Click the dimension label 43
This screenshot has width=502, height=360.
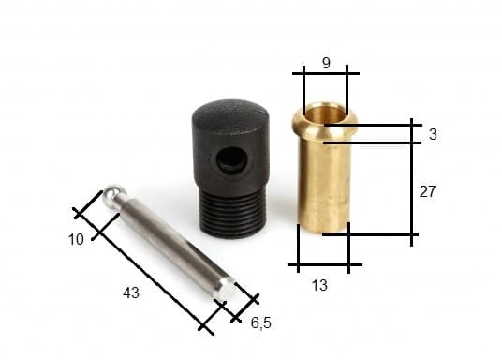[x=131, y=293]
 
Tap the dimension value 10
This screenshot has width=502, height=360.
[x=77, y=239]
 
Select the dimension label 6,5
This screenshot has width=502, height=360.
[x=261, y=323]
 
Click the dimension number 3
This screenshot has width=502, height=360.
[x=433, y=134]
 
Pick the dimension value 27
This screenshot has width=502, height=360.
[x=427, y=191]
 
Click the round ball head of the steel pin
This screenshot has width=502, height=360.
[x=114, y=195]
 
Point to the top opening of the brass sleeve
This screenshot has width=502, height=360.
[x=323, y=113]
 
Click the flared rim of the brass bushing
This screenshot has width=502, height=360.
[x=323, y=128]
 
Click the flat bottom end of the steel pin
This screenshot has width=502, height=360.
[x=224, y=290]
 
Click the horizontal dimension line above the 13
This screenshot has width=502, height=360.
[x=323, y=267]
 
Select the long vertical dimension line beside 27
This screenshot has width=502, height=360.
[x=412, y=183]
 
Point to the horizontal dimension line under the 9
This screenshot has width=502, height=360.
[x=324, y=72]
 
